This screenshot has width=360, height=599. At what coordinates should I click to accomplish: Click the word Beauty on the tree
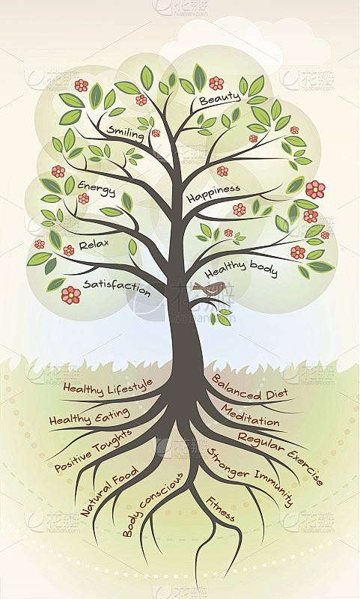click(x=219, y=99)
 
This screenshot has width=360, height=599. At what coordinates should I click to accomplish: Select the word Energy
click(x=97, y=189)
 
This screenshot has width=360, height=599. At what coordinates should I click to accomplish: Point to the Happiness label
click(x=213, y=194)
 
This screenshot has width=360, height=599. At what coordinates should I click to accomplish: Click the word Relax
click(x=94, y=245)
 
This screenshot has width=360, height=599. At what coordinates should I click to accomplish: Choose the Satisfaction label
click(x=117, y=288)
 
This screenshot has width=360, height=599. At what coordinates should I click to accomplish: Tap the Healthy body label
click(x=241, y=269)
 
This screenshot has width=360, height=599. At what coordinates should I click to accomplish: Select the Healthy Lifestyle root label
click(x=108, y=386)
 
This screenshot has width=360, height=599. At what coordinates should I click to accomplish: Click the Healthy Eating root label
click(x=89, y=417)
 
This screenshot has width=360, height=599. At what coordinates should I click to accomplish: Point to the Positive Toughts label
click(x=93, y=450)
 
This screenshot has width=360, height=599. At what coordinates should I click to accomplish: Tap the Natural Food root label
click(x=109, y=490)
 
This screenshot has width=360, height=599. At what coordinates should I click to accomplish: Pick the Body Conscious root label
click(x=153, y=504)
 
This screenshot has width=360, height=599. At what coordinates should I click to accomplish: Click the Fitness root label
click(x=220, y=509)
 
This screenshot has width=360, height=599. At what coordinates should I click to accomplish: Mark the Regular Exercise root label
click(x=281, y=457)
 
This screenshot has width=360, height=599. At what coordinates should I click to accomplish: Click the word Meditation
click(x=251, y=416)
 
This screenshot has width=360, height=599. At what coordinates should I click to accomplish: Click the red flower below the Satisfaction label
click(x=71, y=295)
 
